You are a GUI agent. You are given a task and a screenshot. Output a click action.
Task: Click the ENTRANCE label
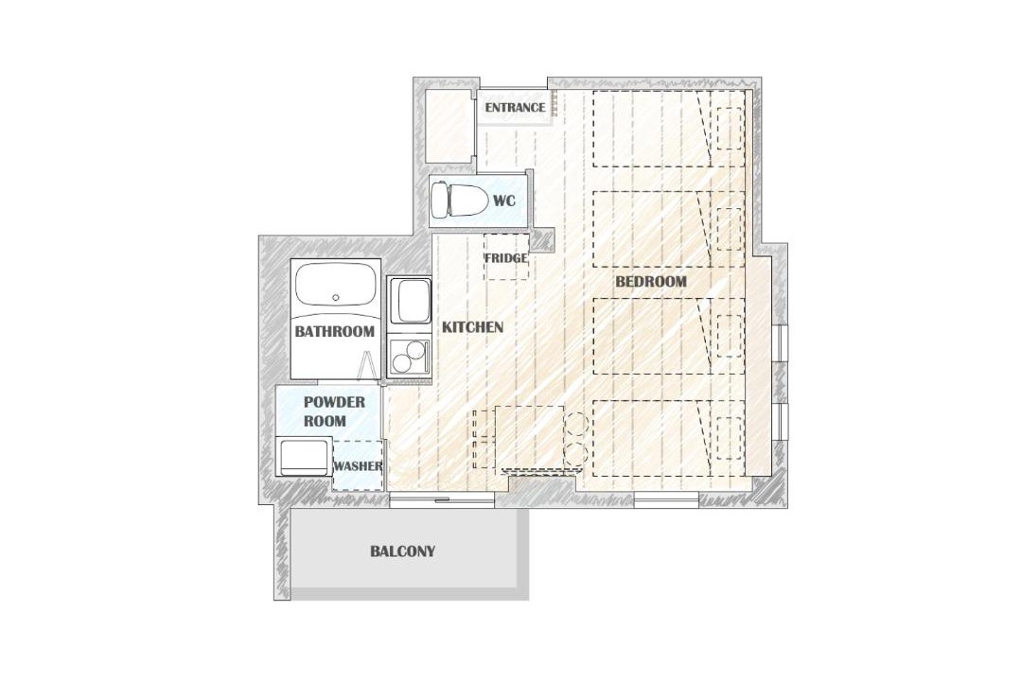click(x=515, y=108)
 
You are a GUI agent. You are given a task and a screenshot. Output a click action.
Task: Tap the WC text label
click(x=503, y=201)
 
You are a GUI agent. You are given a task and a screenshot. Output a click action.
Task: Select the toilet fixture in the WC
click(x=460, y=201)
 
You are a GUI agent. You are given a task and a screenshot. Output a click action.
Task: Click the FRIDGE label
click(x=505, y=258)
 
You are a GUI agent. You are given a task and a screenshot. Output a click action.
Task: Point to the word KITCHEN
click(x=472, y=327)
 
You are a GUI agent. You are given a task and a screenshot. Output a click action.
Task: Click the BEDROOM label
click(x=651, y=282)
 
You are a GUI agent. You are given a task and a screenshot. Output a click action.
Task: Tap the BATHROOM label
click(x=334, y=331)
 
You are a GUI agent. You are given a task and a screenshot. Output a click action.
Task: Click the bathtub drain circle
click(x=336, y=297)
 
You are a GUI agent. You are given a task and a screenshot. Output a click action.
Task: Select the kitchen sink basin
click(x=410, y=301)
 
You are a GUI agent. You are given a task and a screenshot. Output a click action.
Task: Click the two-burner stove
click(x=409, y=356)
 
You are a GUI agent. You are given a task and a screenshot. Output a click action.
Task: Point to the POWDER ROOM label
click(x=334, y=411)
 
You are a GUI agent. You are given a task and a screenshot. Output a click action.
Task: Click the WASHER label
click(x=358, y=466)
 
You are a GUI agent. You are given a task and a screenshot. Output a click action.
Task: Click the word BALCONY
click(x=403, y=551)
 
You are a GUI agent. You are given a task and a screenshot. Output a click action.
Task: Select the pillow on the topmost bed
click(x=730, y=129)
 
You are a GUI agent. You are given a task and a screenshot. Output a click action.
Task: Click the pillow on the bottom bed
click(x=730, y=438)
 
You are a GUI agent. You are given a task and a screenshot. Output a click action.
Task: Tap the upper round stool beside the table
click(x=577, y=425)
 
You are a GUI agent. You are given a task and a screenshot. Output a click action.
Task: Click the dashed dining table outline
click(x=529, y=437)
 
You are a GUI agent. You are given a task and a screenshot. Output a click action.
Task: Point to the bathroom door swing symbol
click(x=367, y=365)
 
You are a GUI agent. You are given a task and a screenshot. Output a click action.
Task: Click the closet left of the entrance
click(x=448, y=127)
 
